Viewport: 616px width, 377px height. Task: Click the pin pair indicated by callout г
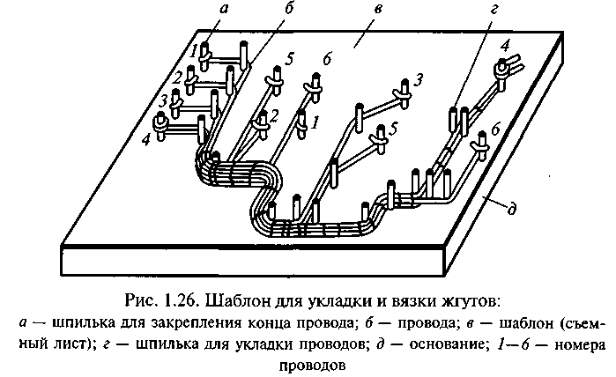tap(457, 118)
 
